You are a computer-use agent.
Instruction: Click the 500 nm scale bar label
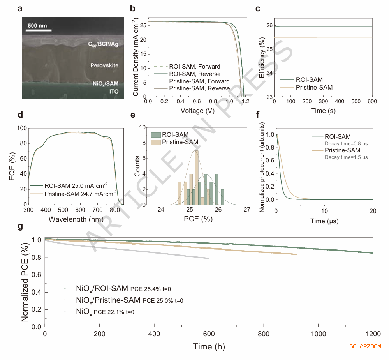37,26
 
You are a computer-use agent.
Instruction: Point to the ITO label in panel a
113,92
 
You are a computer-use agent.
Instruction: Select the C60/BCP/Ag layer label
103,44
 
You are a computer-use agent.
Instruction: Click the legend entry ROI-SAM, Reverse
195,74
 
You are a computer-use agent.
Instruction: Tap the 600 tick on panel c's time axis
372,101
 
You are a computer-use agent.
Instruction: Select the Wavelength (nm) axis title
74,219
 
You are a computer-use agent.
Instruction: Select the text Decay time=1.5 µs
347,157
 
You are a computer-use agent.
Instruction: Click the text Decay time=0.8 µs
347,143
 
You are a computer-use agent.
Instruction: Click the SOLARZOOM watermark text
365,346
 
